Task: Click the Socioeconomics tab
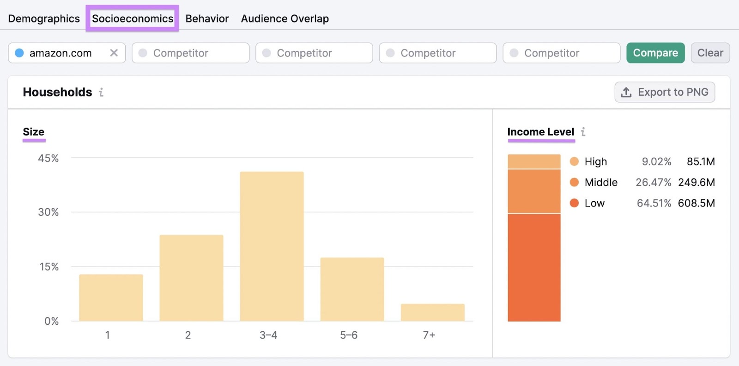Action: [x=133, y=19]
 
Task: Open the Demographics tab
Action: [x=44, y=19]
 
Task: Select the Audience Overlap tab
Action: [x=285, y=19]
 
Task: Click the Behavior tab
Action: [x=207, y=19]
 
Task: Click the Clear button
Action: [x=710, y=53]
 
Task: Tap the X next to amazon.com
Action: [x=114, y=53]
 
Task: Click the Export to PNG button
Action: [x=665, y=92]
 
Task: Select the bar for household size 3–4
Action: [x=272, y=246]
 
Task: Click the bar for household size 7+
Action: [x=432, y=312]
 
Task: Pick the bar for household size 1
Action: [x=111, y=298]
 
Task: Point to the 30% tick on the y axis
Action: [x=48, y=212]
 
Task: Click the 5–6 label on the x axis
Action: [x=349, y=335]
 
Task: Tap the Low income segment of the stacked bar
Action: [x=534, y=267]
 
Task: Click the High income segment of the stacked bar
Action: [x=534, y=161]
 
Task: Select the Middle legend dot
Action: [x=574, y=182]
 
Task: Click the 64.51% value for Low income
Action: [x=654, y=203]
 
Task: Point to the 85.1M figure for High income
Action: [x=700, y=161]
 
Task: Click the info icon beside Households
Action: [x=101, y=92]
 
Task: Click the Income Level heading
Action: [x=540, y=132]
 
